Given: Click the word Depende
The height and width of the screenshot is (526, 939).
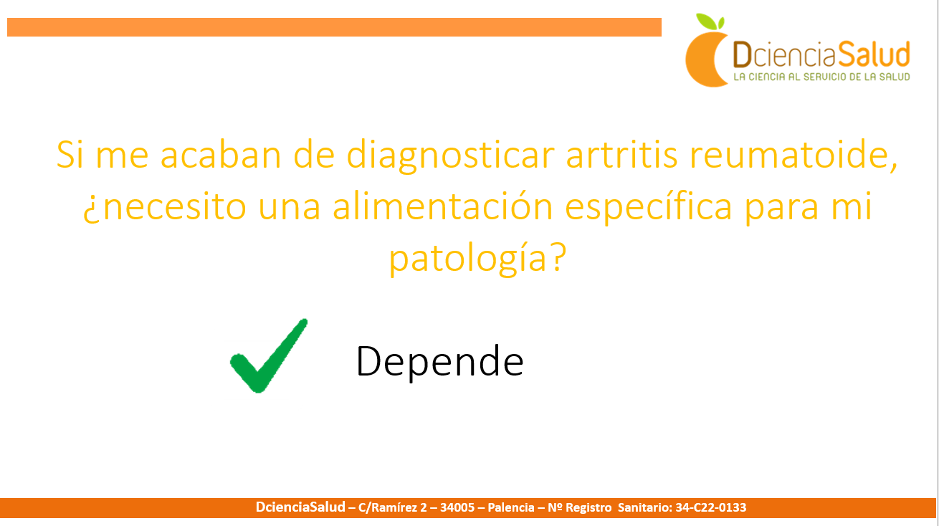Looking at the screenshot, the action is (x=439, y=362).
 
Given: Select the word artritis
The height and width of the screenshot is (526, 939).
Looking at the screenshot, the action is (x=621, y=154).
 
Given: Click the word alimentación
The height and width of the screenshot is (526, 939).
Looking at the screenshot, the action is (x=443, y=206).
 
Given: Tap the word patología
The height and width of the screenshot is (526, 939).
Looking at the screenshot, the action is (x=468, y=259).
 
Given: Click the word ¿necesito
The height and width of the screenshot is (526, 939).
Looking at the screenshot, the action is (x=164, y=207).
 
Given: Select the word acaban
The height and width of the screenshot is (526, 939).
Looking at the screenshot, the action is (x=221, y=154).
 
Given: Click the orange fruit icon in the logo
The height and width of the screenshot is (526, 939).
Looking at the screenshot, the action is (x=707, y=59).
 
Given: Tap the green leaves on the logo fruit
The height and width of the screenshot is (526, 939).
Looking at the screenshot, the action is (x=710, y=21).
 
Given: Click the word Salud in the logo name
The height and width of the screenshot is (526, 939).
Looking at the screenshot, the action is (x=874, y=54).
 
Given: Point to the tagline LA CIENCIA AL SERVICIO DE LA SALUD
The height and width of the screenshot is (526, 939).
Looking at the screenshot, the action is (x=821, y=77).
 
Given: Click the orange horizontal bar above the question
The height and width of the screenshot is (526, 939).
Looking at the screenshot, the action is (x=334, y=27).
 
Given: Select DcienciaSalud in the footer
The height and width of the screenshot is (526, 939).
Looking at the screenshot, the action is (x=300, y=507).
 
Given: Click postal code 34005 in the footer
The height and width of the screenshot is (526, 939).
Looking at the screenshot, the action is (x=457, y=507).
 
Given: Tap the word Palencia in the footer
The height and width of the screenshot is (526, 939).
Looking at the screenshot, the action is (x=511, y=507).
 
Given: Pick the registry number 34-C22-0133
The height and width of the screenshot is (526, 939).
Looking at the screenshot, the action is (x=711, y=507).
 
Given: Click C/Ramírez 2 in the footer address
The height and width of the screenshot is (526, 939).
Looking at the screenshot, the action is (x=392, y=507).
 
